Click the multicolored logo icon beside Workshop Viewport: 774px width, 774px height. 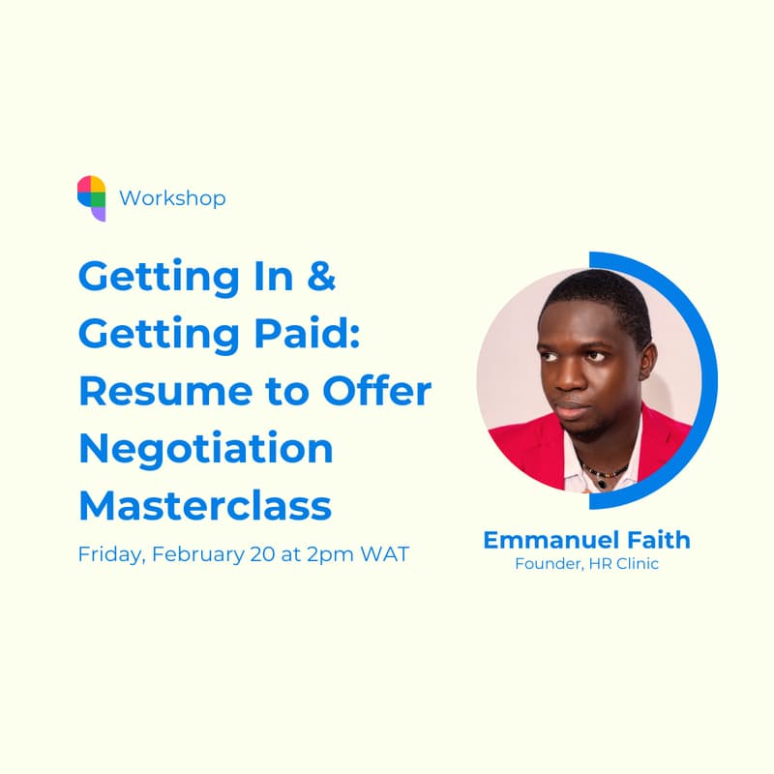(92, 197)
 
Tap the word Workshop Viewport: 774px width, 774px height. (172, 198)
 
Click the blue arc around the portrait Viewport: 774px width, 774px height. (708, 377)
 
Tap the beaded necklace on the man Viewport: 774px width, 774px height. (606, 471)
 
